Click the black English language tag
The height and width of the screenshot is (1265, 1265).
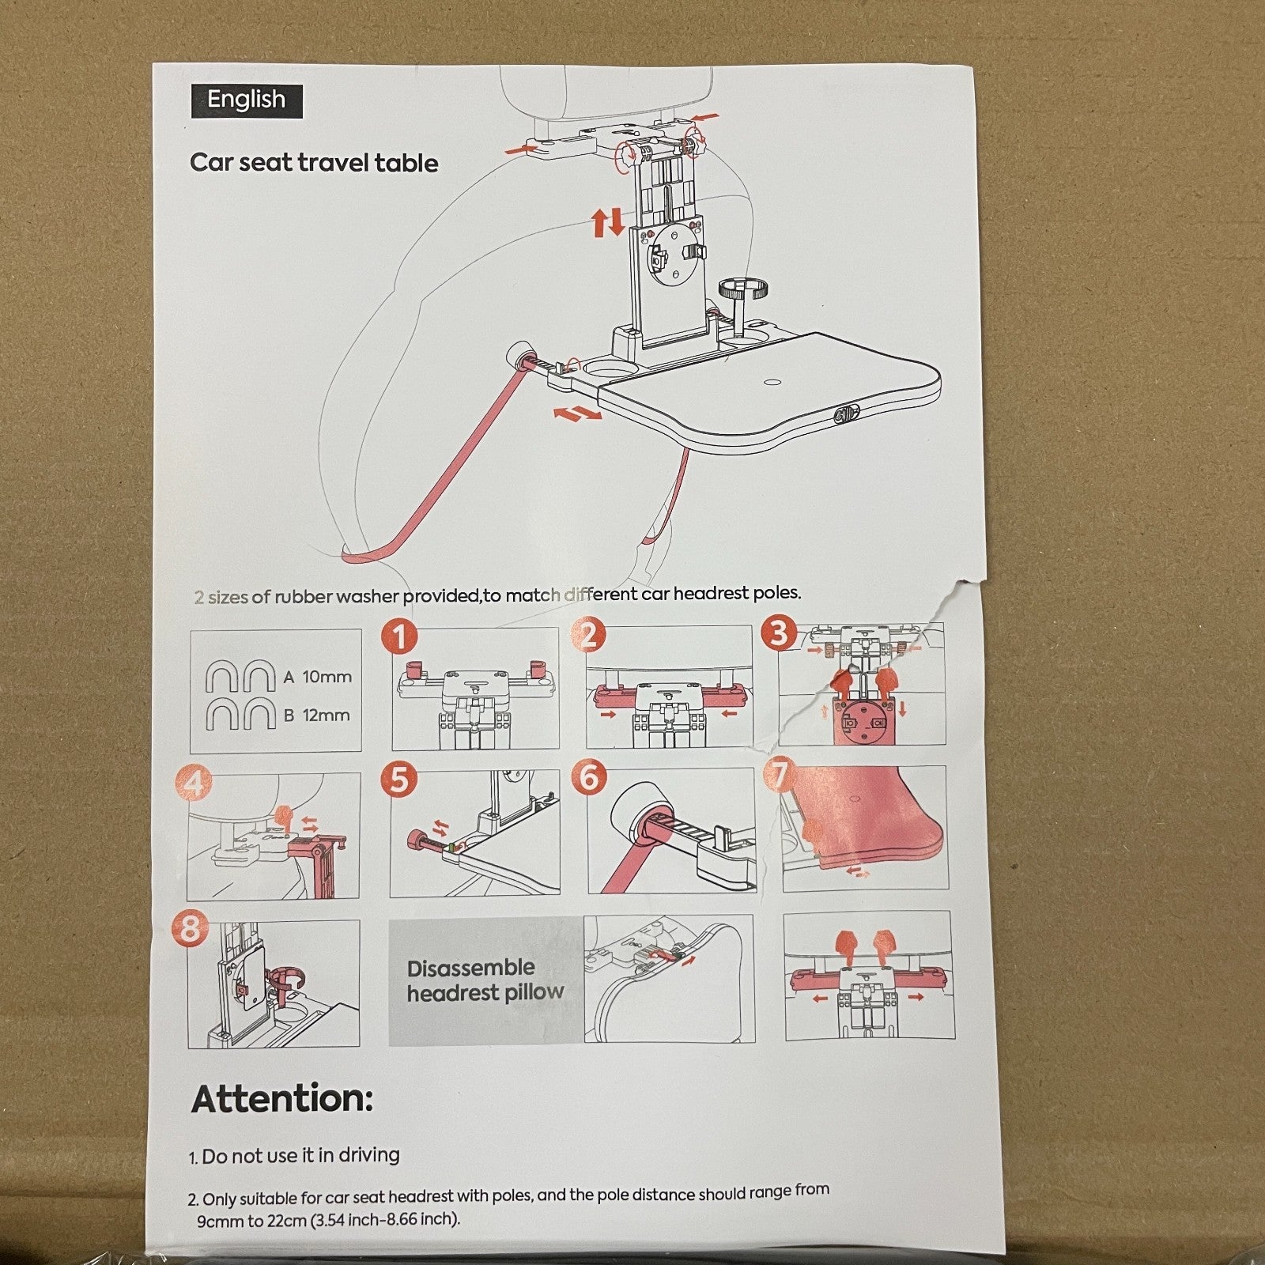pyautogui.click(x=246, y=100)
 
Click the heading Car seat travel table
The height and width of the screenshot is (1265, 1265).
pyautogui.click(x=314, y=163)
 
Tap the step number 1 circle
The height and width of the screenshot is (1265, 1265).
pyautogui.click(x=399, y=636)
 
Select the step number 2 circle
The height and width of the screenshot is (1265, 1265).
pyautogui.click(x=589, y=635)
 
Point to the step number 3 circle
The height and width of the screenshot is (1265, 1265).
pyautogui.click(x=780, y=632)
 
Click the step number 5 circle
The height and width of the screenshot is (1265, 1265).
pyautogui.click(x=399, y=780)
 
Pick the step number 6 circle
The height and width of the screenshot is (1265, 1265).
pyautogui.click(x=590, y=777)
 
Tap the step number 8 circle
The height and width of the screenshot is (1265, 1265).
pyautogui.click(x=191, y=928)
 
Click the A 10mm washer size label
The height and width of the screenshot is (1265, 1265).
pyautogui.click(x=318, y=678)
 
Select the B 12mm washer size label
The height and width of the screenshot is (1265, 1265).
pyautogui.click(x=317, y=716)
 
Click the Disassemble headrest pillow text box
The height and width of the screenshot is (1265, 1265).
pyautogui.click(x=485, y=980)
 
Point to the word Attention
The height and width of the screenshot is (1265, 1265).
pyautogui.click(x=281, y=1099)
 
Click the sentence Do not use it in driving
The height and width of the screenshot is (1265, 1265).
pyautogui.click(x=300, y=1155)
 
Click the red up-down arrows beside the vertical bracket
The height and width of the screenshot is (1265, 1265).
pyautogui.click(x=608, y=223)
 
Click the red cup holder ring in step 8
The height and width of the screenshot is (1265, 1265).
pyautogui.click(x=289, y=977)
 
